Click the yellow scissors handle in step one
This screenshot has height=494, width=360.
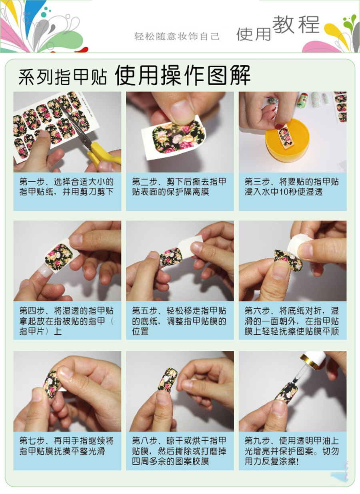pyautogui.click(x=104, y=155)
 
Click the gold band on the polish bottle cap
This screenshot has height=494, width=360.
pyautogui.click(x=310, y=361)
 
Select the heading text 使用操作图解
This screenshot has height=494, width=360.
pyautogui.click(x=182, y=75)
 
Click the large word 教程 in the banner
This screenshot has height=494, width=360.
pyautogui.click(x=296, y=24)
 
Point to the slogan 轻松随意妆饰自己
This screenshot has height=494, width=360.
pyautogui.click(x=177, y=36)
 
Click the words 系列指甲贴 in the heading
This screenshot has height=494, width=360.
pyautogui.click(x=62, y=77)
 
